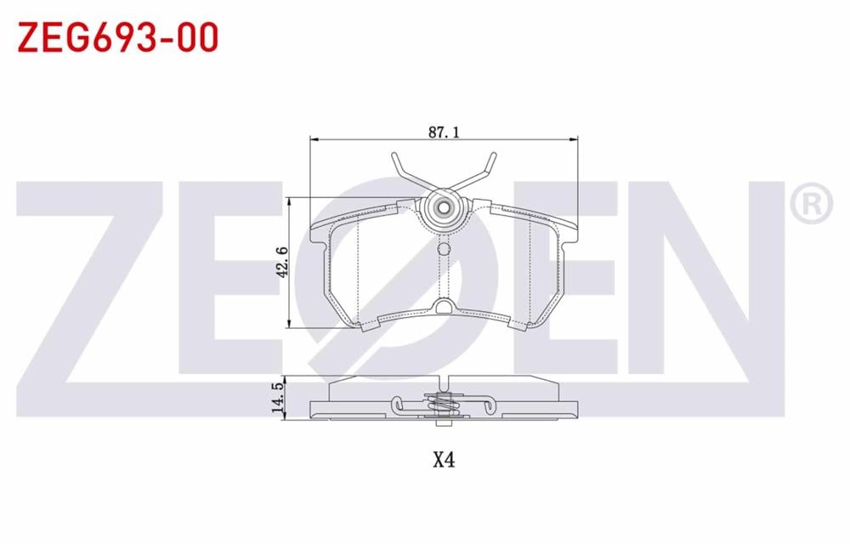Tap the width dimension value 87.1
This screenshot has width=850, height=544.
[444, 132]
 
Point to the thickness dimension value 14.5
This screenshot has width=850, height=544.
[277, 398]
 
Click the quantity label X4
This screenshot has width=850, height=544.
[444, 460]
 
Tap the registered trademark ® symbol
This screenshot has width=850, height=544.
[810, 203]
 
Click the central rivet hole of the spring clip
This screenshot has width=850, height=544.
[442, 207]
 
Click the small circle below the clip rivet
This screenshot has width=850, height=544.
[442, 248]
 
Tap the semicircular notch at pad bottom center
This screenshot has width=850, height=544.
[442, 306]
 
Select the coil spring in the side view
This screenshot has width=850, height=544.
[441, 406]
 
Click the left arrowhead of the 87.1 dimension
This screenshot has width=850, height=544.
[313, 139]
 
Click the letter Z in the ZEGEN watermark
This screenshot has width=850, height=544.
[102, 280]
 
